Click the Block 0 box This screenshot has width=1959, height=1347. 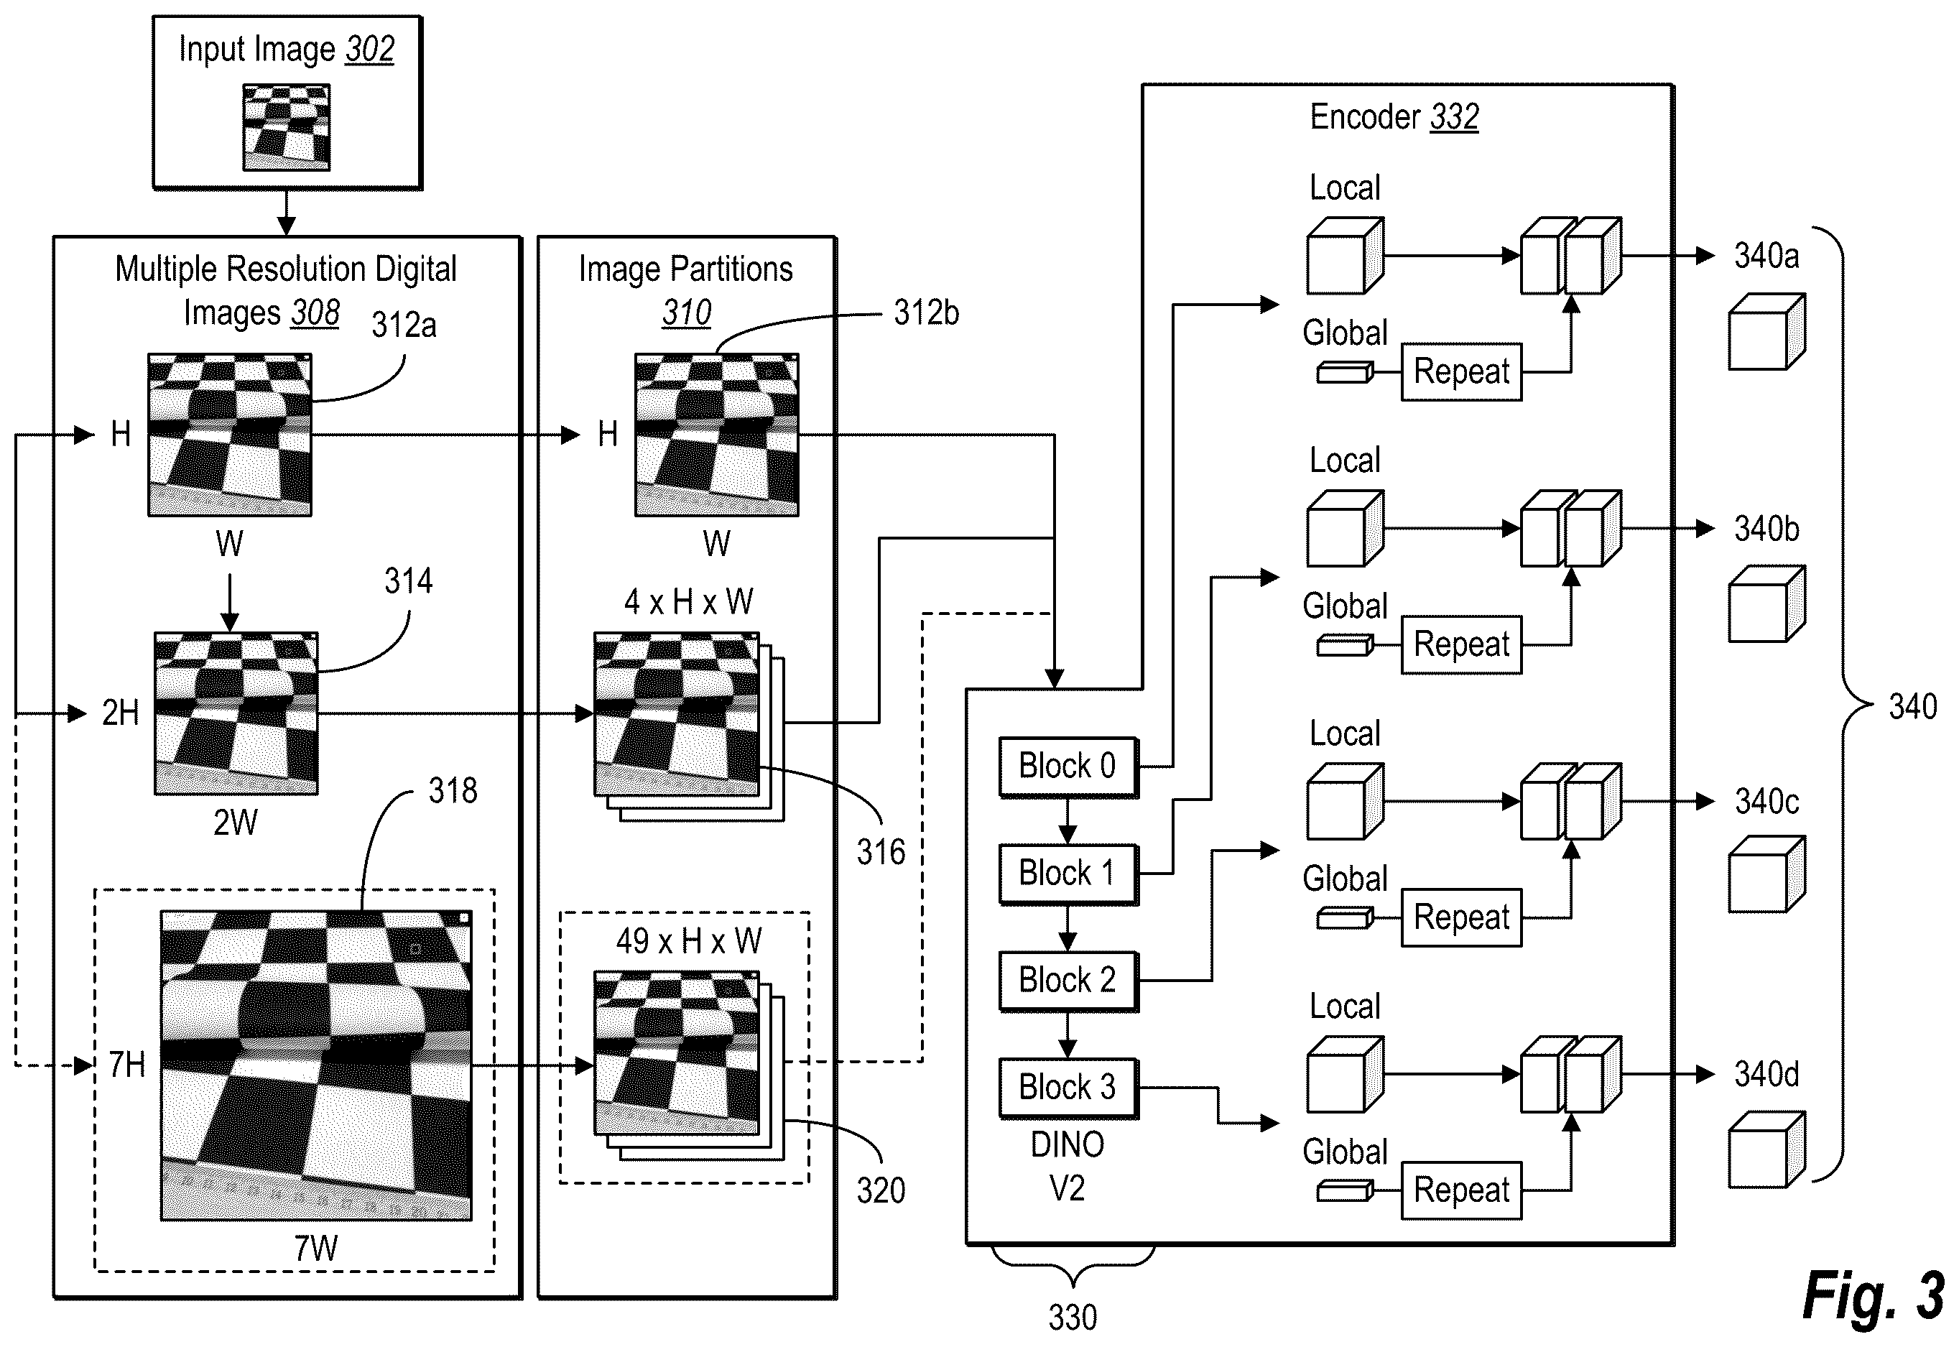(x=1068, y=767)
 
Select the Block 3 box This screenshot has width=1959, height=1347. (x=1068, y=1088)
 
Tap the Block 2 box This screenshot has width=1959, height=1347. (x=1068, y=981)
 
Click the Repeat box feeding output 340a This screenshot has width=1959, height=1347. (x=1461, y=372)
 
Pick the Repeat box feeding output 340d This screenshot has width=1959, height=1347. (x=1461, y=1190)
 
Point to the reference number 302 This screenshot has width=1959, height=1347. (x=370, y=50)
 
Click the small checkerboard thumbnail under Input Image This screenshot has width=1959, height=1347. (x=286, y=127)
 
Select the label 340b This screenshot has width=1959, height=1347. (x=1766, y=529)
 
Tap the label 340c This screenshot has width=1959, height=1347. (x=1766, y=802)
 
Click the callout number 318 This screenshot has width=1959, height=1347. (x=453, y=791)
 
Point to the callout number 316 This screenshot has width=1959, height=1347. (x=880, y=853)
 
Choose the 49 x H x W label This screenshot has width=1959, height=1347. (x=689, y=941)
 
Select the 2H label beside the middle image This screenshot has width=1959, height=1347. (x=121, y=713)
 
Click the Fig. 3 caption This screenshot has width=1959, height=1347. (x=1874, y=1295)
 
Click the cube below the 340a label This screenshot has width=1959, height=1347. (x=1766, y=332)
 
